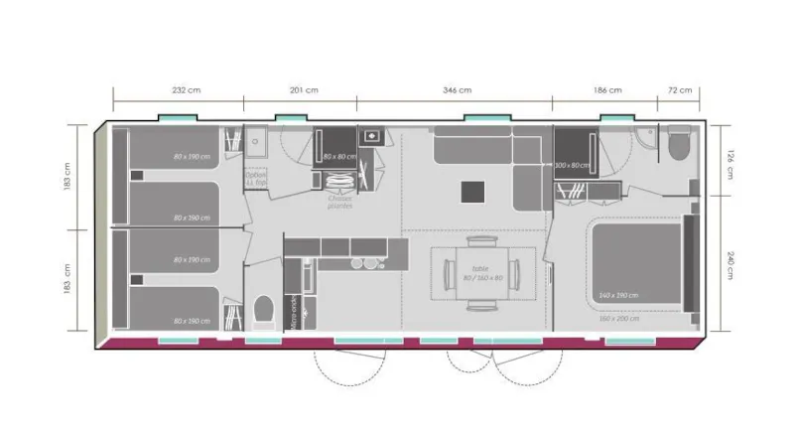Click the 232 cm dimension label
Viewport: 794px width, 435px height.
[179, 90]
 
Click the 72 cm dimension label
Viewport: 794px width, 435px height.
[680, 90]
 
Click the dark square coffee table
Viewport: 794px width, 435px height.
[472, 189]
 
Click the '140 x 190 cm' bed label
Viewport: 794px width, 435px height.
[620, 295]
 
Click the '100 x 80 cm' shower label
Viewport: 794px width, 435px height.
[573, 165]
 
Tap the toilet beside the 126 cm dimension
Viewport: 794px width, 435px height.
[680, 145]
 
